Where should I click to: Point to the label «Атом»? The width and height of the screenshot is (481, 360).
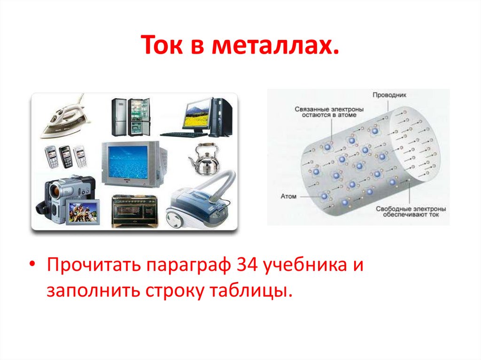(289, 196)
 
